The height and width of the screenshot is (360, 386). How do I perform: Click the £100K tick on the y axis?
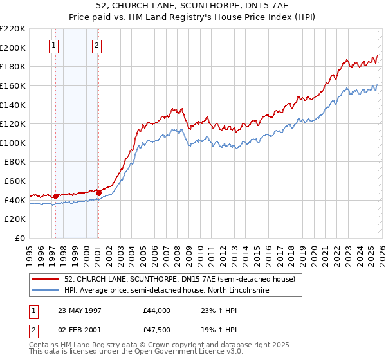coord(13,143)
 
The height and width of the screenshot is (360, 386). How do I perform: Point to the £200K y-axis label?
coord(13,48)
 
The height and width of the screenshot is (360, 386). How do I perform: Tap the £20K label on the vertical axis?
coord(15,219)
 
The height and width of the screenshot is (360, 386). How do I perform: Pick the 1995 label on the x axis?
coord(29,251)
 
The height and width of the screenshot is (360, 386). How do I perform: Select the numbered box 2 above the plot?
coord(96,46)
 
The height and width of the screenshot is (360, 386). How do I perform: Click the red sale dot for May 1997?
coord(56,196)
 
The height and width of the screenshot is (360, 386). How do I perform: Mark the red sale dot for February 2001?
coord(98,192)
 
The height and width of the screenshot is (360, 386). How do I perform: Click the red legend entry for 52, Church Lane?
coord(179,279)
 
